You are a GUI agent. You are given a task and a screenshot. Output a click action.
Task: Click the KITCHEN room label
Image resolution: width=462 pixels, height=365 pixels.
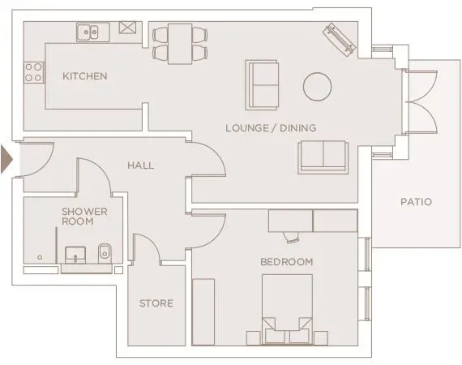point(85,76)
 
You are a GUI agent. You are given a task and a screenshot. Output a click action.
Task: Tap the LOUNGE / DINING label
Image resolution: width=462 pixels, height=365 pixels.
point(271,127)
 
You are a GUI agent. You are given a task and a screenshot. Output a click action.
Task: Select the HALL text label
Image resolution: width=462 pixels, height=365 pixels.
point(140,165)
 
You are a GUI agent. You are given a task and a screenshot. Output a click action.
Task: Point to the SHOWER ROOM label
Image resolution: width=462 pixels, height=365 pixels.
point(84,216)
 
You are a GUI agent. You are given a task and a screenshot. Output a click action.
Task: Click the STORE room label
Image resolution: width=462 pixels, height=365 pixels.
point(156,303)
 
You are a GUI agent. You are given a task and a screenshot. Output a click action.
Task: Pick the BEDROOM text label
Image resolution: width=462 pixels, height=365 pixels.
point(286,262)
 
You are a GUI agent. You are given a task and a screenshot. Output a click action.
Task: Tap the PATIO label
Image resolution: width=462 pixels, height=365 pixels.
point(416,202)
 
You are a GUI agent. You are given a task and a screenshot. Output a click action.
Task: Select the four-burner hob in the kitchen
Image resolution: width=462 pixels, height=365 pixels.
point(33,72)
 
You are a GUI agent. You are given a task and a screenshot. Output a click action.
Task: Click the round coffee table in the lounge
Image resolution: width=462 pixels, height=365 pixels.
point(317,85)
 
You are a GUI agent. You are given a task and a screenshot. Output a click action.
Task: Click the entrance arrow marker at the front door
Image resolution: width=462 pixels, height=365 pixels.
point(7,157)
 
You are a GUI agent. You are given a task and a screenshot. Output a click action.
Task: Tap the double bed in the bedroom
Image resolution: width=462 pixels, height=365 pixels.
point(286,308)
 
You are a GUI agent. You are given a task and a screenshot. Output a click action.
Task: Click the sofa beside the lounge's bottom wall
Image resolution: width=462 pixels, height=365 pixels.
point(323,156)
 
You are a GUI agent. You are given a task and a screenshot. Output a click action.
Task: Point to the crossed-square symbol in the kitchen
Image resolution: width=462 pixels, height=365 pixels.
point(128,28)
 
